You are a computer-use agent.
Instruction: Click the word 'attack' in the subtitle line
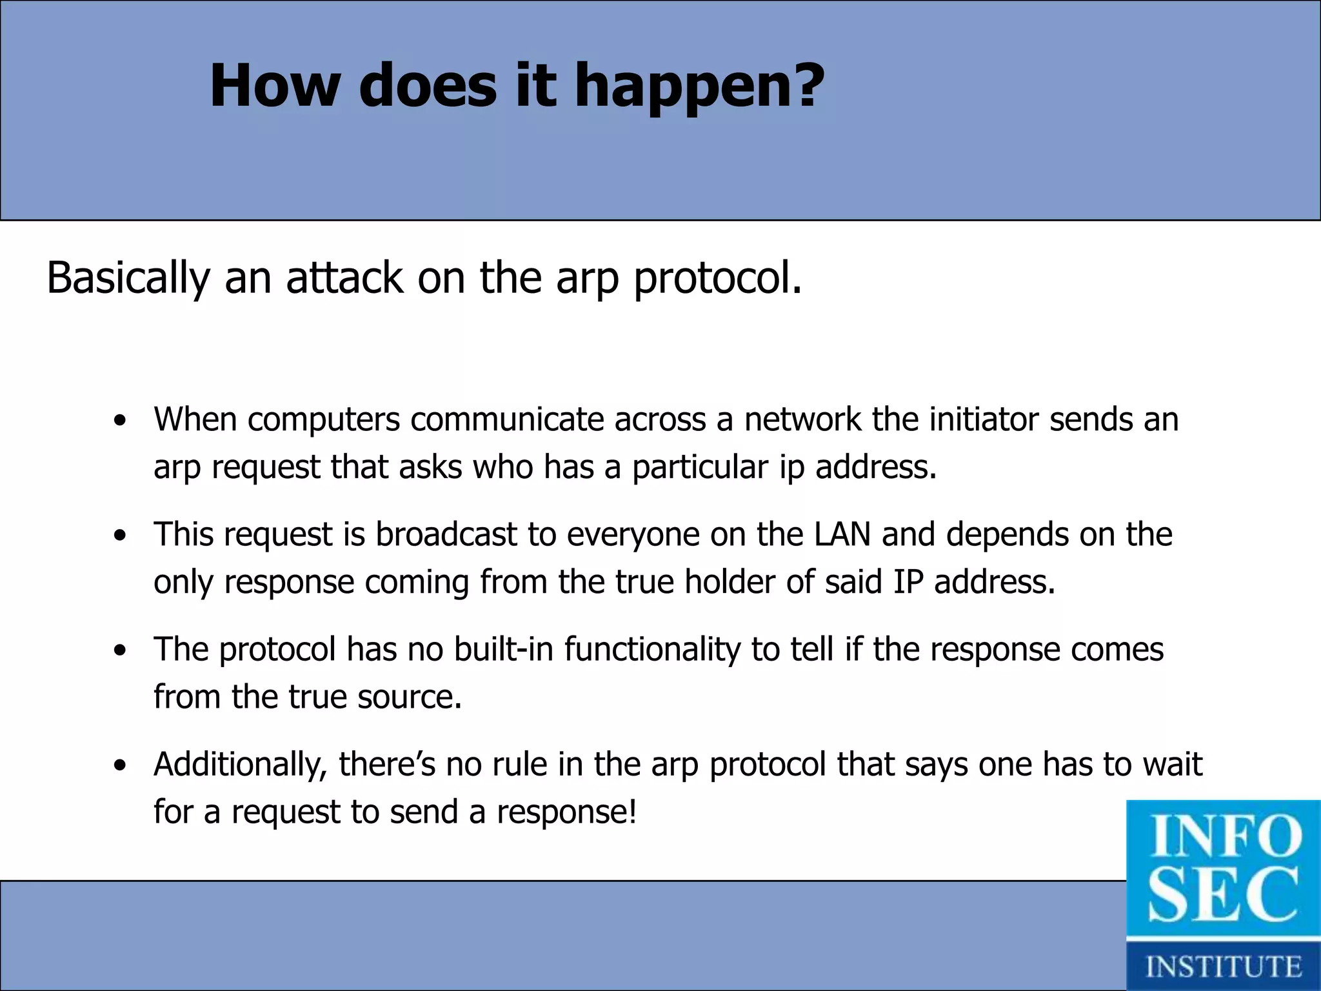coord(344,277)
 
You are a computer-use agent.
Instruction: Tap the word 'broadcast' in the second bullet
coord(446,534)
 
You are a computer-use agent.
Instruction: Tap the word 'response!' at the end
coord(566,812)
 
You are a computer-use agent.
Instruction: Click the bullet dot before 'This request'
coord(119,536)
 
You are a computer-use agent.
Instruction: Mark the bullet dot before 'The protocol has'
coord(119,650)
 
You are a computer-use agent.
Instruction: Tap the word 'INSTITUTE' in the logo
coord(1224,966)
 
